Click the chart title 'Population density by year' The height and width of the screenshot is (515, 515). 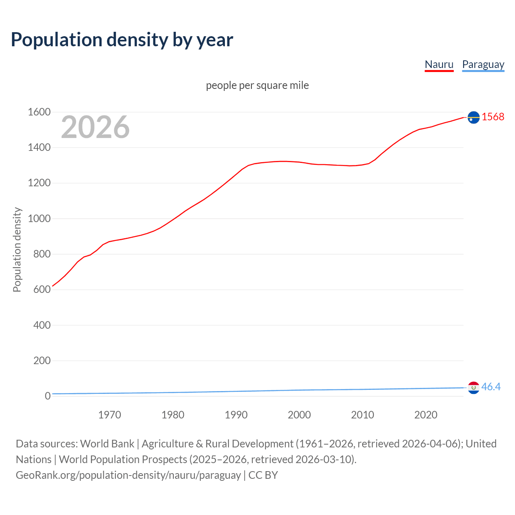click(122, 40)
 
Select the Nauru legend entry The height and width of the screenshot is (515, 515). click(439, 64)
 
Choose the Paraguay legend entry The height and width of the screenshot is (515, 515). click(483, 64)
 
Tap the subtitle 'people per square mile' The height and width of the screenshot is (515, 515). click(257, 85)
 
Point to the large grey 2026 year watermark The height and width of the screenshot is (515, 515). click(95, 127)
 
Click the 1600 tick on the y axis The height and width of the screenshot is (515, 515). click(39, 112)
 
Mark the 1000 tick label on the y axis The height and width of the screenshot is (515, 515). click(39, 218)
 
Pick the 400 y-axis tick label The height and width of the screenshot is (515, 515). click(42, 325)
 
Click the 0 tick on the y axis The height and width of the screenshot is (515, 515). click(47, 396)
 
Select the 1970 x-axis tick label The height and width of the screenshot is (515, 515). click(109, 415)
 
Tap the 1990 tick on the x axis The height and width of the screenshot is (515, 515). click(236, 415)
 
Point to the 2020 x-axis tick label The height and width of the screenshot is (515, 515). click(426, 415)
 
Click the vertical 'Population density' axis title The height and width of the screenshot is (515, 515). click(17, 249)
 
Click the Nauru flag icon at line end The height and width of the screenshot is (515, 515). click(474, 117)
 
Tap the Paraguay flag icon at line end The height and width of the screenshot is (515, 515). click(474, 387)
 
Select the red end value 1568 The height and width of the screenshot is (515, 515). click(493, 117)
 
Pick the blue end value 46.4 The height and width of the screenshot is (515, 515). click(491, 387)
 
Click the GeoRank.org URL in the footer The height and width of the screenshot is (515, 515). click(128, 475)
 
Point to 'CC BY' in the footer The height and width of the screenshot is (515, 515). click(263, 475)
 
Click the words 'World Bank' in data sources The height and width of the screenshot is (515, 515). click(107, 444)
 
